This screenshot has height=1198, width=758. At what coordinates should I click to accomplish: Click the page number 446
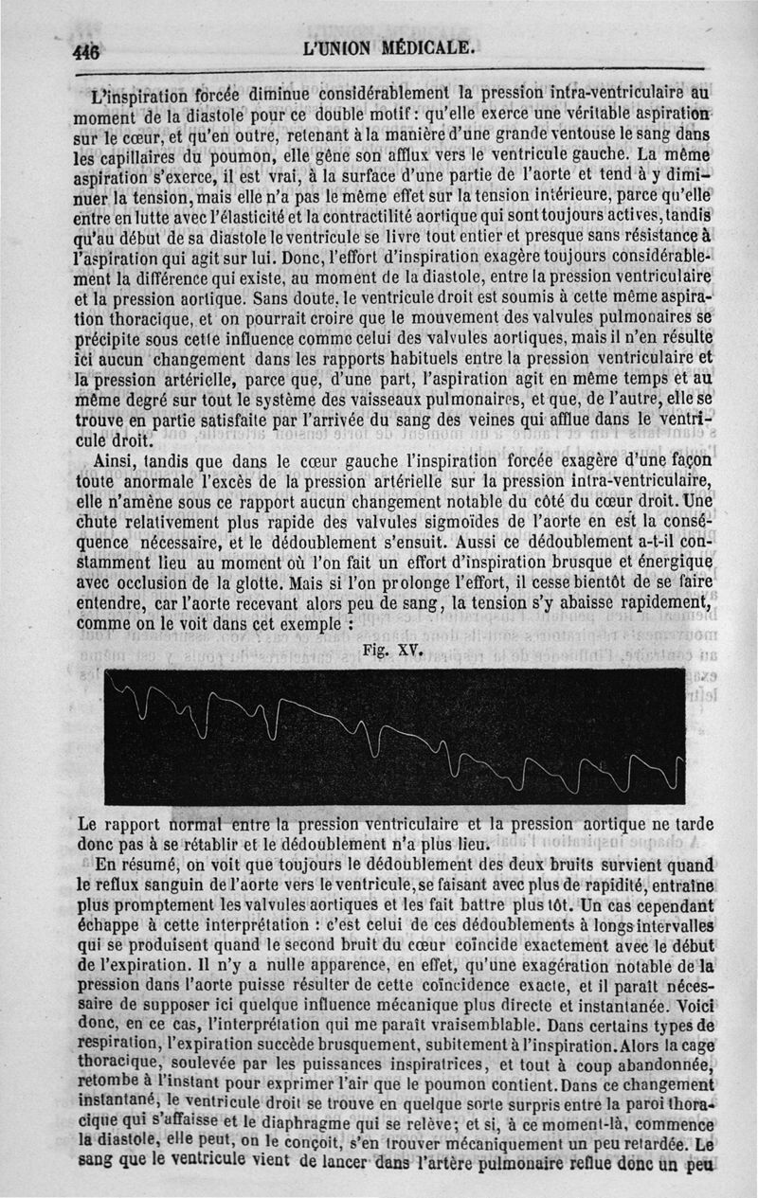[x=86, y=52]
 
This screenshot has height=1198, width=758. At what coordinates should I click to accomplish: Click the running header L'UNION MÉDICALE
[x=388, y=47]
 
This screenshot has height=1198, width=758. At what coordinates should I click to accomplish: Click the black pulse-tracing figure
[x=394, y=735]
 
